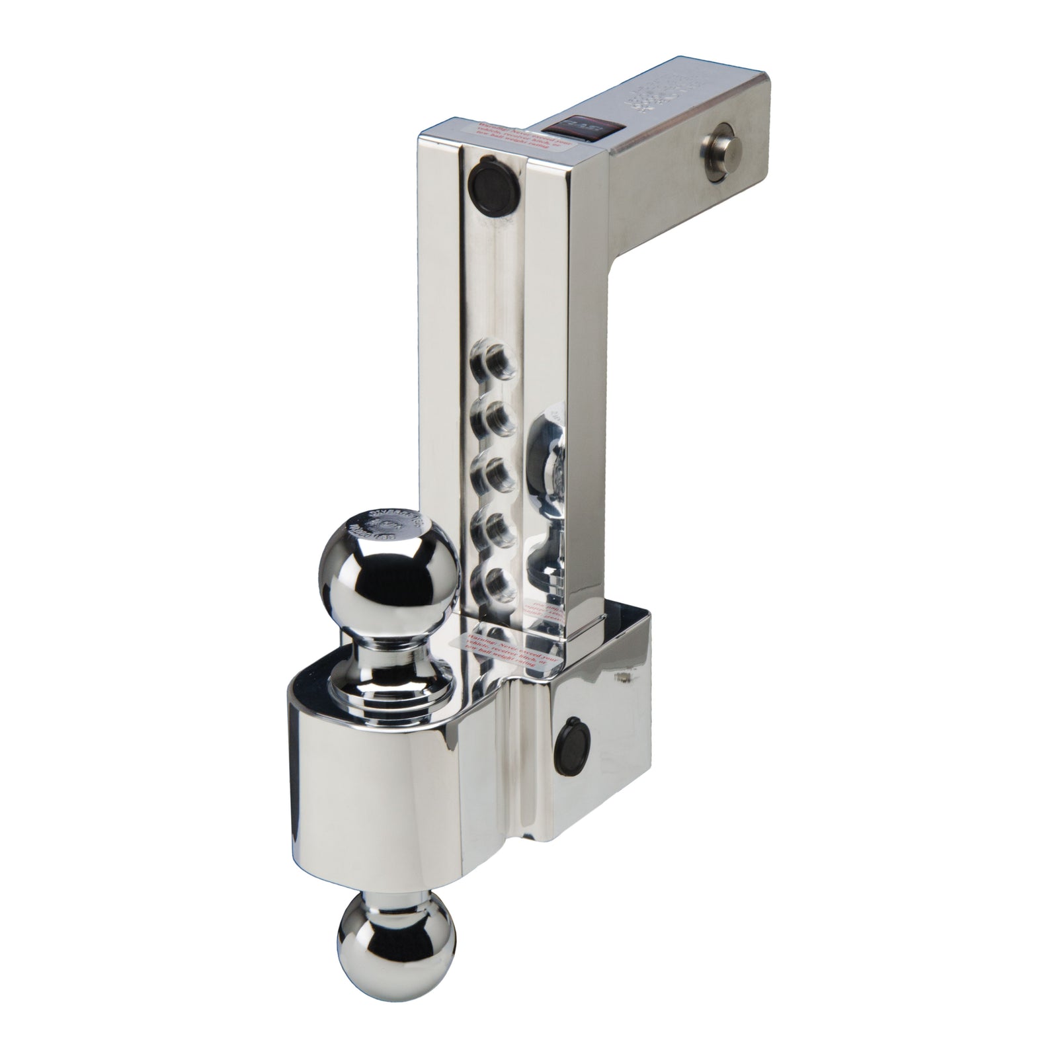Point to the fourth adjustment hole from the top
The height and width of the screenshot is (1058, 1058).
coord(495,527)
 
